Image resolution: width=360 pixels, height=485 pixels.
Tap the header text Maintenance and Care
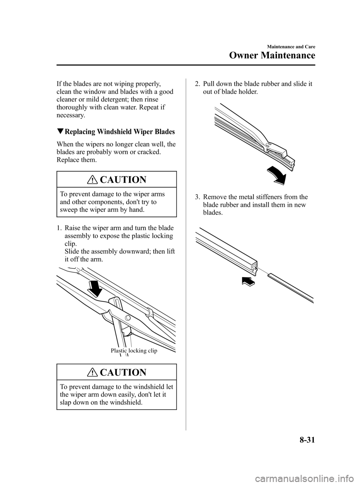pyautogui.click(x=291, y=47)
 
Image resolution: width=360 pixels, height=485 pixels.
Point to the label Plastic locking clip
pyautogui.click(x=134, y=351)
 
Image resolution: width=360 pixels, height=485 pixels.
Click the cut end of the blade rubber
pyautogui.click(x=254, y=267)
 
